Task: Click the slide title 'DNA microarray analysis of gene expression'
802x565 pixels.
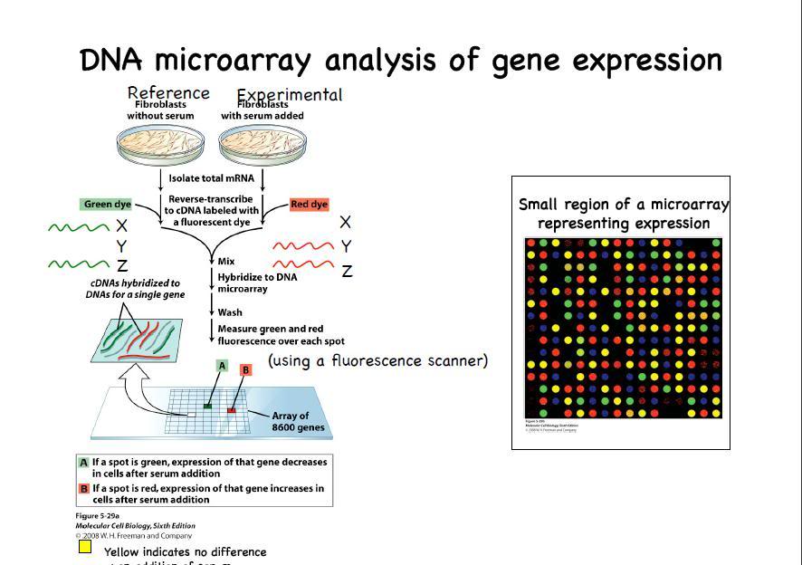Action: click(401, 61)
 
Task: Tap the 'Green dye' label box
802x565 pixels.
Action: click(108, 205)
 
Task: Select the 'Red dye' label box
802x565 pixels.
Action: click(309, 205)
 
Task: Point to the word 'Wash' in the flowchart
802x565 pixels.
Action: click(230, 311)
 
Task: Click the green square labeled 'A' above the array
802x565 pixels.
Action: click(221, 365)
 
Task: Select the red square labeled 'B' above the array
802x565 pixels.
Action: click(245, 370)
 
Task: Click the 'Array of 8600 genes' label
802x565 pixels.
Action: click(298, 422)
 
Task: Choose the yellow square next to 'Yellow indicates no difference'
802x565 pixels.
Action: click(85, 546)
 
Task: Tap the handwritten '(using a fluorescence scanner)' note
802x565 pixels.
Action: click(377, 361)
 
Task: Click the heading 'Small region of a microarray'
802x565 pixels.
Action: click(624, 205)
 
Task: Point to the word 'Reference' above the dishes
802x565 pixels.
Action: click(168, 92)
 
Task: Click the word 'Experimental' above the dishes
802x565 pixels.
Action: click(290, 95)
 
